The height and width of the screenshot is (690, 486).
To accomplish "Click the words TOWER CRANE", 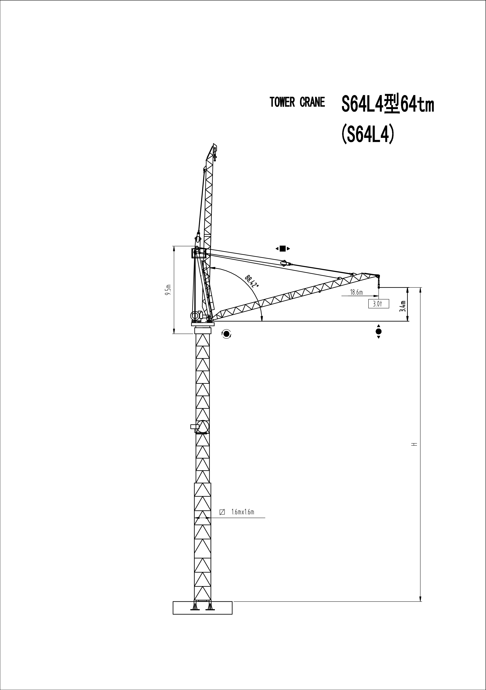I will click(x=297, y=102).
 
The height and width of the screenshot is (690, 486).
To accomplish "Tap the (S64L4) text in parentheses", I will click(x=367, y=135).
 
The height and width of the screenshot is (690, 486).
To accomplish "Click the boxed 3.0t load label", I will click(x=378, y=304).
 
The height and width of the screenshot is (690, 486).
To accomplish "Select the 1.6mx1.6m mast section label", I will click(x=243, y=512).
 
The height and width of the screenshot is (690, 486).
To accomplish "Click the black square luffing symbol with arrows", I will click(x=282, y=249).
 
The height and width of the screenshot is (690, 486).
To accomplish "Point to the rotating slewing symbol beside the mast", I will click(x=226, y=334).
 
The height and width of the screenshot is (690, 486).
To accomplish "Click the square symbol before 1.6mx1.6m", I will click(x=222, y=512).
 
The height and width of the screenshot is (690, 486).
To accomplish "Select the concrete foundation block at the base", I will click(x=202, y=608).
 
